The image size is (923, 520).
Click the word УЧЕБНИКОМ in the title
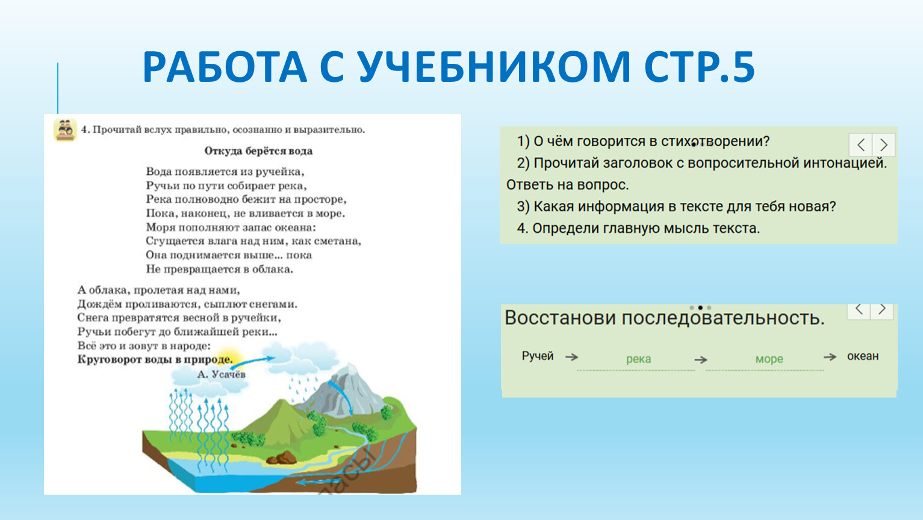click(493, 66)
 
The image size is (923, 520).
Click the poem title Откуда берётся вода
click(258, 151)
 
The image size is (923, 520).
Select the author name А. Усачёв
click(222, 374)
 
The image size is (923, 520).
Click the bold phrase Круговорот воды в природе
click(155, 360)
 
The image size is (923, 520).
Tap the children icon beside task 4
click(65, 130)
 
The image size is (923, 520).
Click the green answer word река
click(638, 359)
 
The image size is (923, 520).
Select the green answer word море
click(769, 359)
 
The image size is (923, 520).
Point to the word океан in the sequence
click(862, 356)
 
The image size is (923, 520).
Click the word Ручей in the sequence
click(537, 356)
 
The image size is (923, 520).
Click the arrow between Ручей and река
click(571, 357)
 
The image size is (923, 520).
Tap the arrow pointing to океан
click(830, 357)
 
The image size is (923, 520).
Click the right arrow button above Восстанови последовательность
click(882, 309)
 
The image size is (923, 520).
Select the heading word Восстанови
click(560, 318)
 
